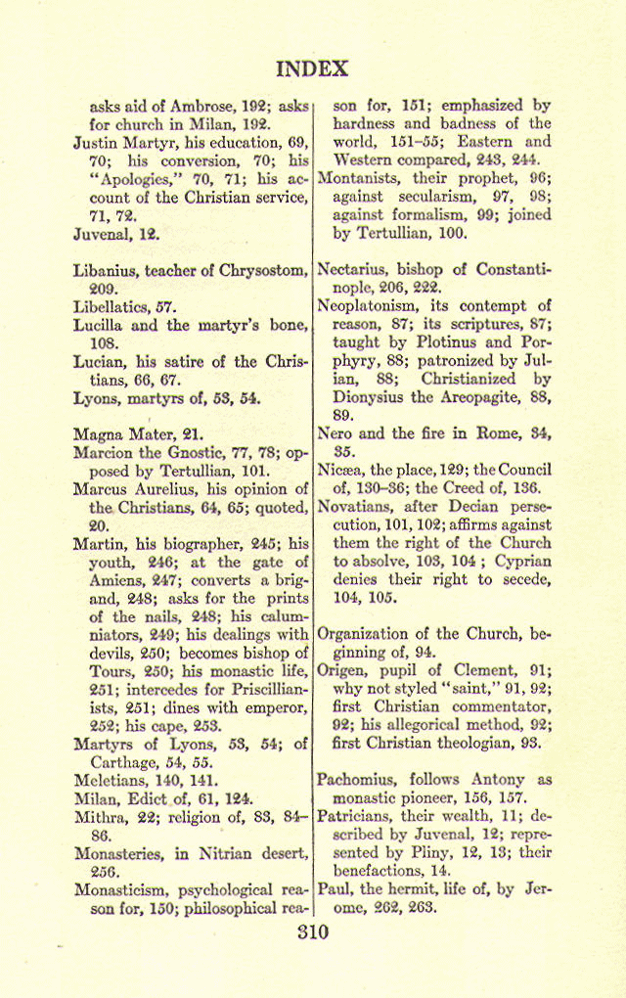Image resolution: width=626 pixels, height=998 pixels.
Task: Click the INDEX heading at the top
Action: (312, 68)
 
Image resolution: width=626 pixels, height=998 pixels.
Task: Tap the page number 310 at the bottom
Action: (312, 931)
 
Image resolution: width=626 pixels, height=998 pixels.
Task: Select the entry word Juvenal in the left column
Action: (102, 235)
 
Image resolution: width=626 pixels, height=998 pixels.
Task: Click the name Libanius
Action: (107, 270)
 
